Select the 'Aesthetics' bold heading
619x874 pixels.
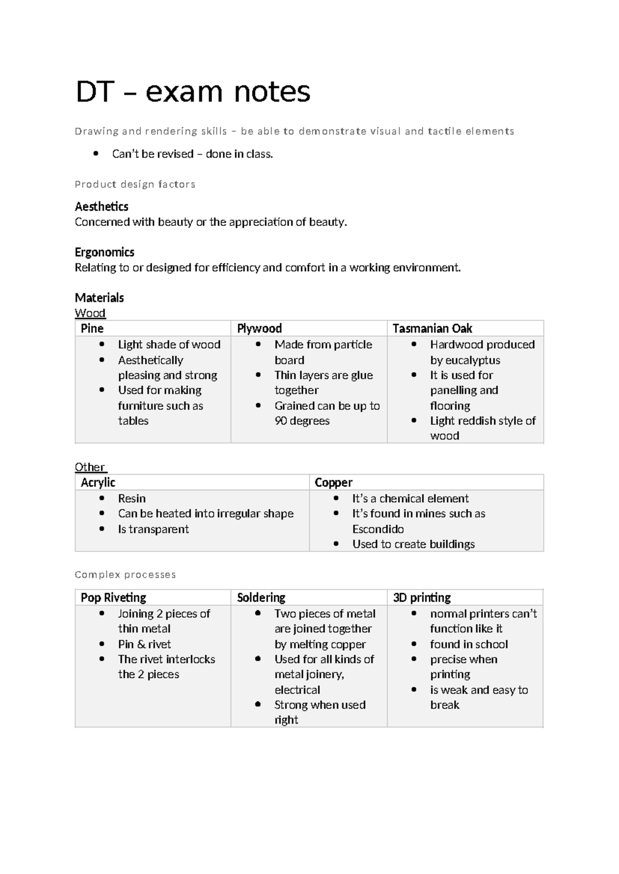[x=102, y=207]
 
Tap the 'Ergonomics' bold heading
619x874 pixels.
[x=104, y=252]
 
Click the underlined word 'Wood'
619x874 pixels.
[x=90, y=313]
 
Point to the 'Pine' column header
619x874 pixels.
[x=92, y=328]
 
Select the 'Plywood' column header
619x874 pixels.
[x=259, y=328]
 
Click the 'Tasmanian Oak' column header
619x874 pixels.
[x=432, y=328]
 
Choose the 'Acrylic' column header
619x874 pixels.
[x=98, y=482]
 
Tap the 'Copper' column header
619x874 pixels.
[x=333, y=482]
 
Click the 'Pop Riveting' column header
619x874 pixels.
[x=113, y=597]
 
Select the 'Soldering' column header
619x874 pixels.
[x=261, y=597]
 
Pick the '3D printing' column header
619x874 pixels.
[x=421, y=597]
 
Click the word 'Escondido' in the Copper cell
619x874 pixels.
[x=378, y=529]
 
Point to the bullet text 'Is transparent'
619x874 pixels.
[x=153, y=529]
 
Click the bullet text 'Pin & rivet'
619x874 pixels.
[x=144, y=644]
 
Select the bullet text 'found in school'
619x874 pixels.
[x=469, y=644]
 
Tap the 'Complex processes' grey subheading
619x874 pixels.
[x=125, y=575]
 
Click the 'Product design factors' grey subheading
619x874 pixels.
[x=135, y=184]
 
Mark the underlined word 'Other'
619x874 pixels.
[x=90, y=467]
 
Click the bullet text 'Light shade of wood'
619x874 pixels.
[x=169, y=344]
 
